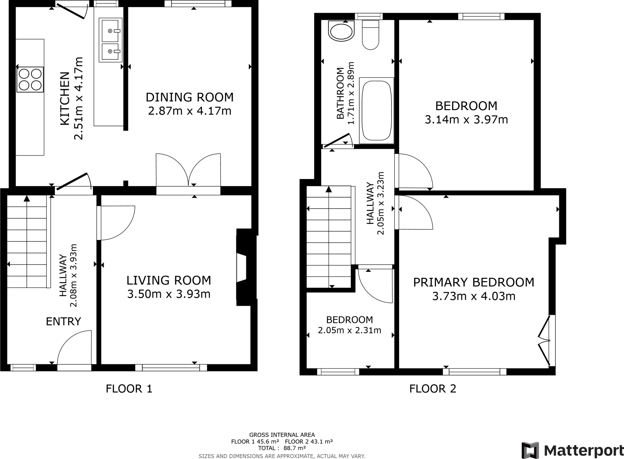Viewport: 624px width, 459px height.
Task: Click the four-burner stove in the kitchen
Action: pos(30,79)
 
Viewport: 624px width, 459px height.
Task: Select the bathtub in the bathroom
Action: pos(376,110)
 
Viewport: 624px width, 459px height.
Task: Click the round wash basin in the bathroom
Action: pos(341,31)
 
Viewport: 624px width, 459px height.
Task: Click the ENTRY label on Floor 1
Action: pos(63,321)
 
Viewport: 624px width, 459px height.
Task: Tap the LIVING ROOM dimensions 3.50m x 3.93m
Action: pos(168,294)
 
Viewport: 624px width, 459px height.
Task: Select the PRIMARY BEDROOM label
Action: pos(473,282)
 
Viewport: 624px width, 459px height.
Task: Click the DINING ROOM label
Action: pos(190,97)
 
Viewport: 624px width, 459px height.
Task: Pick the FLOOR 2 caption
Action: pos(433,389)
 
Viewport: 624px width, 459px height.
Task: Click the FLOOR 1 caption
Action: pos(129,389)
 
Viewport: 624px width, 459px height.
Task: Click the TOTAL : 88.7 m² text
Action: pos(282,448)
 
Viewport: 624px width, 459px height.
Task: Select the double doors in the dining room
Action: pos(188,171)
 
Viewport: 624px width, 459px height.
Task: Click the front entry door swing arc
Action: pos(74,348)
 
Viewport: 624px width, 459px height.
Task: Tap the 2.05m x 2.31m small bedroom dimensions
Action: pos(349,330)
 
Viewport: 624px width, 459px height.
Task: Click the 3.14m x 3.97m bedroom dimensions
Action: pos(466,120)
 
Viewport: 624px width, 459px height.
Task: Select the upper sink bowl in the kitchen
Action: pos(110,31)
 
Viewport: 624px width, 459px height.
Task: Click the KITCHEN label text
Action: pos(65,98)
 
